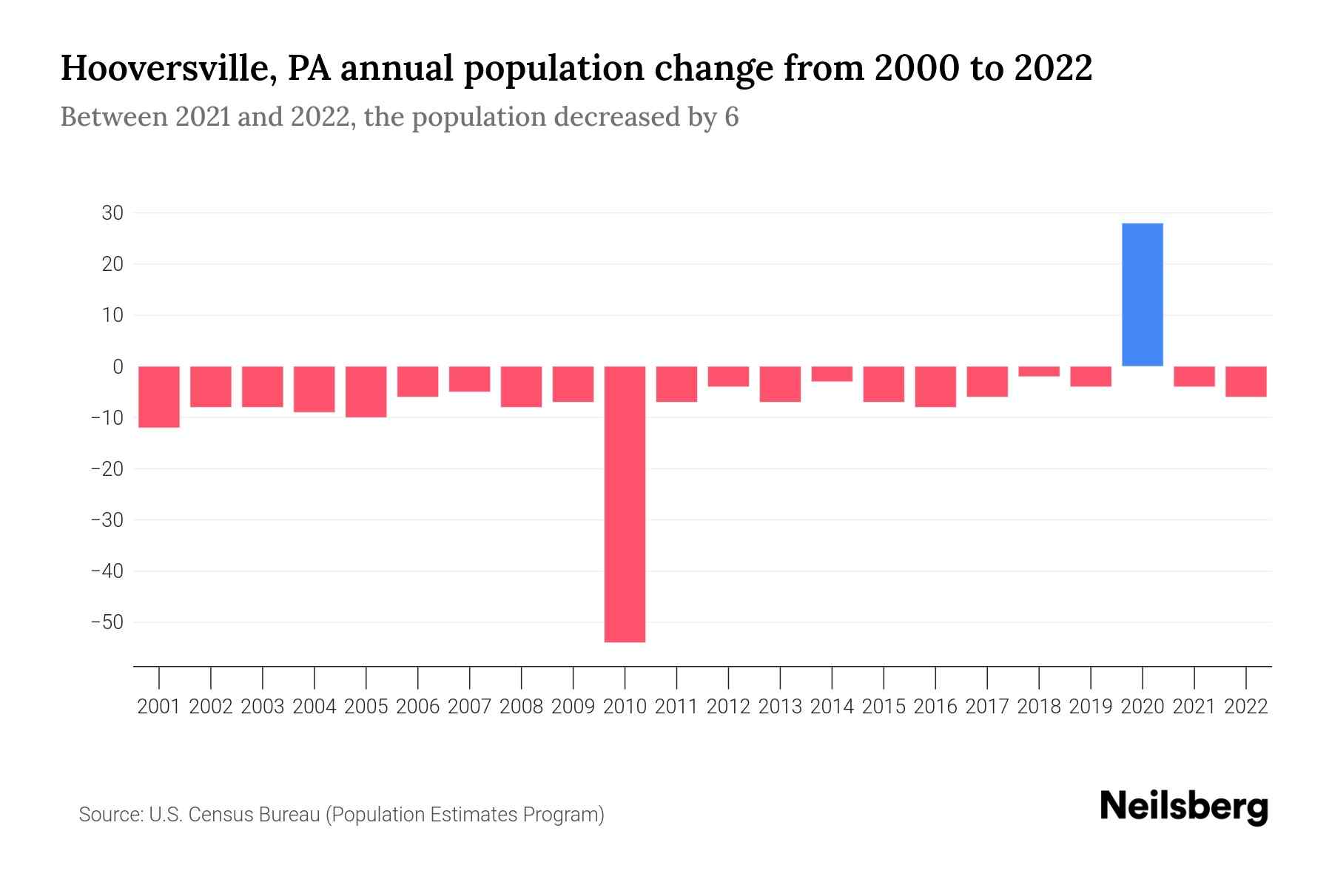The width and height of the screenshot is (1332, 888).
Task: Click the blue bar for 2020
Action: [x=1142, y=295]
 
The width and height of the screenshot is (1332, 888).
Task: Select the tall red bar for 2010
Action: [x=625, y=504]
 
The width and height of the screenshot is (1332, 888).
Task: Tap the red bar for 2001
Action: [x=159, y=397]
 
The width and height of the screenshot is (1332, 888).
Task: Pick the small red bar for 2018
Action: [x=1039, y=371]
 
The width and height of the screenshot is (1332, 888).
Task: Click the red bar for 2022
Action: [x=1246, y=382]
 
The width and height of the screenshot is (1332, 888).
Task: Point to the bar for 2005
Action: [x=366, y=391]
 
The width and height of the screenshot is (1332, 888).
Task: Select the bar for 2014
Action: [x=832, y=374]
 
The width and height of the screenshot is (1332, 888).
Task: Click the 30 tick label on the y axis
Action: [x=112, y=213]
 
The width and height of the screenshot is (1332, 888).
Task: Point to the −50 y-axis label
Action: [x=107, y=622]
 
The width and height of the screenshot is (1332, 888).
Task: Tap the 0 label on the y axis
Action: [x=118, y=366]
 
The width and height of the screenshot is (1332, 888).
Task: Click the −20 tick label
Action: [x=107, y=468]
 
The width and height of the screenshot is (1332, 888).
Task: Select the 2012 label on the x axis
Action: [x=728, y=707]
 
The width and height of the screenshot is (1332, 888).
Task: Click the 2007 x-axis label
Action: [x=469, y=707]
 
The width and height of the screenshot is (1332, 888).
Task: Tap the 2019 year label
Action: [x=1091, y=707]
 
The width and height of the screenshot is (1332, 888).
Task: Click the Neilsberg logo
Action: [x=1184, y=807]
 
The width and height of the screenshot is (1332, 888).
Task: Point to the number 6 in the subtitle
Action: [x=731, y=117]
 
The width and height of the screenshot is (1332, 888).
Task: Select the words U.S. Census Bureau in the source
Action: [x=235, y=815]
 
